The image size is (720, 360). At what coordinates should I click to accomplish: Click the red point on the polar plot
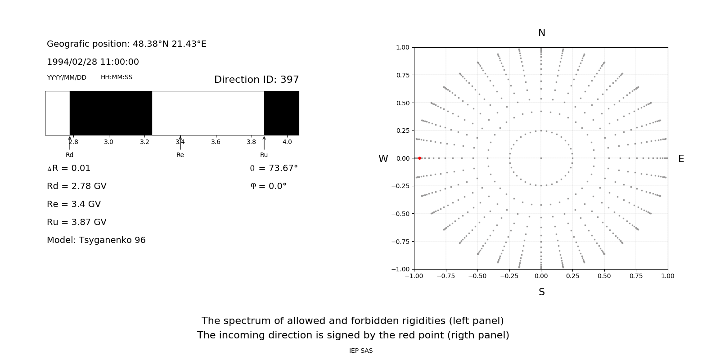(419, 158)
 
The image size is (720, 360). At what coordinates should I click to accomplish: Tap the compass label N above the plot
(541, 33)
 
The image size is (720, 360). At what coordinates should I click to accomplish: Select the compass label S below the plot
(541, 292)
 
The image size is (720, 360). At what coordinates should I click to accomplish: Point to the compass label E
(681, 159)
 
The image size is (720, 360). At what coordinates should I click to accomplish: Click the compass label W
(383, 159)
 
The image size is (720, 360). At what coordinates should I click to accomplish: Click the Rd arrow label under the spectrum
(69, 155)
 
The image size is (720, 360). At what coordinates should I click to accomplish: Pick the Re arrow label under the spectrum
(180, 155)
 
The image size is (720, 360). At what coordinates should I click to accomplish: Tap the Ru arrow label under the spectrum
(264, 155)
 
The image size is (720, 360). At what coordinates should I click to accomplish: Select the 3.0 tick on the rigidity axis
(108, 142)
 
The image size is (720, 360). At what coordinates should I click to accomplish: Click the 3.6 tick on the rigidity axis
(216, 142)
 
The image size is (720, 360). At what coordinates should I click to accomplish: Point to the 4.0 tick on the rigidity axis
(287, 142)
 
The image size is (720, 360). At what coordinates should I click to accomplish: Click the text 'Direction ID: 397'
(256, 80)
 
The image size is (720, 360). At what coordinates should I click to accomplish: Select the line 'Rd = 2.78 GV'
(76, 186)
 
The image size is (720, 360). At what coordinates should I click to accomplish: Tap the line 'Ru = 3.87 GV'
(76, 222)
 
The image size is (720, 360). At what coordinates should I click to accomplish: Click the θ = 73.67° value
(274, 168)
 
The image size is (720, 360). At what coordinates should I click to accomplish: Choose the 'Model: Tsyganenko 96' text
(96, 240)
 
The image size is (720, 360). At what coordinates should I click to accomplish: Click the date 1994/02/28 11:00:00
(93, 62)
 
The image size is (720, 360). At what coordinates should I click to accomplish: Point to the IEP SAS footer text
(360, 351)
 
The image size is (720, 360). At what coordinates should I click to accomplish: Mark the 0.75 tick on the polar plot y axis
(402, 75)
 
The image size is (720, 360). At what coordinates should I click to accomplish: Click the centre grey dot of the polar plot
(541, 158)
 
